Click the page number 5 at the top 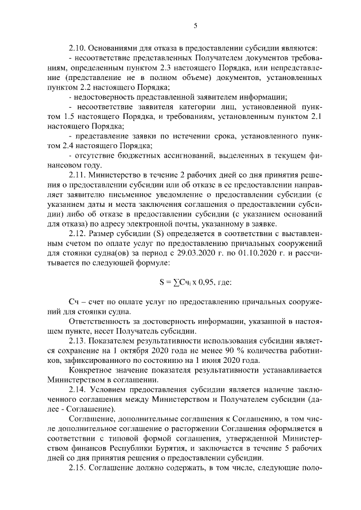pos(195,25)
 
